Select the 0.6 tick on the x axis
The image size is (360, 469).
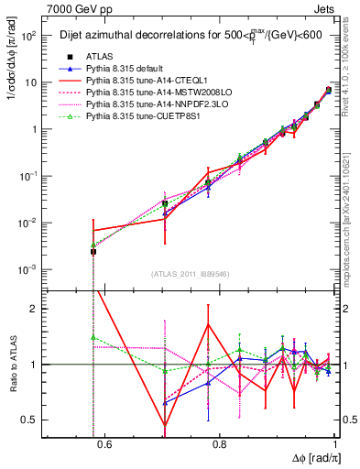(x=103, y=445)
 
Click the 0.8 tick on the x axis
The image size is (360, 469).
(x=219, y=445)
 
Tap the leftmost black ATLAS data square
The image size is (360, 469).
(x=93, y=252)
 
